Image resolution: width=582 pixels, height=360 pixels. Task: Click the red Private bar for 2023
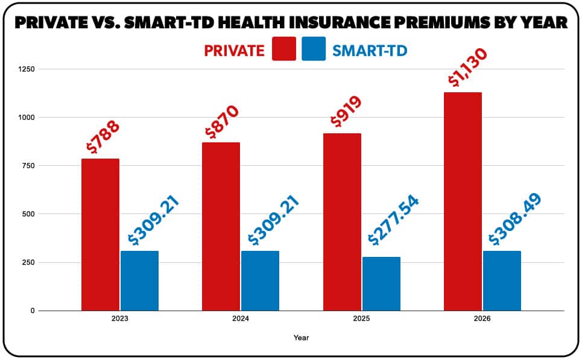click(x=100, y=235)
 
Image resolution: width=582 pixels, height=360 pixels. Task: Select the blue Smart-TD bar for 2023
click(x=139, y=280)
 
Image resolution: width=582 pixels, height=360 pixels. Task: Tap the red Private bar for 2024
click(x=221, y=226)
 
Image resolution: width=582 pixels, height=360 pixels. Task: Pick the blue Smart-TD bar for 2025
click(x=381, y=283)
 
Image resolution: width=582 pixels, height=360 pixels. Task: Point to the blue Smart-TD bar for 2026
click(x=502, y=280)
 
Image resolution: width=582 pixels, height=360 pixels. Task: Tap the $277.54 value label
click(x=393, y=220)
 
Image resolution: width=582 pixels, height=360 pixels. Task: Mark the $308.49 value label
click(x=514, y=219)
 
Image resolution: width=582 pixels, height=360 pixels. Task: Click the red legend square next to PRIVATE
click(x=284, y=49)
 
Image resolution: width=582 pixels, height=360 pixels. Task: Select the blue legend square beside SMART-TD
click(x=314, y=49)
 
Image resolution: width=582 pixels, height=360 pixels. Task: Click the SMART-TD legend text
click(x=370, y=50)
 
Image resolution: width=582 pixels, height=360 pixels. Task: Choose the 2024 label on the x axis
click(x=241, y=319)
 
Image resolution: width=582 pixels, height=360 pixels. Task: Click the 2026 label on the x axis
click(x=482, y=319)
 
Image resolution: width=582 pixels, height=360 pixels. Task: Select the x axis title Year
click(x=301, y=338)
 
